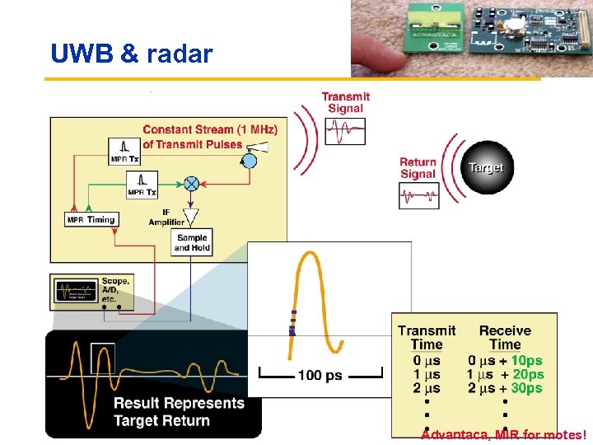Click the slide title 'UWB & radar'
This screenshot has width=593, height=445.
coord(132,54)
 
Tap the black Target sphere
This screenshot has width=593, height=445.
coord(485,167)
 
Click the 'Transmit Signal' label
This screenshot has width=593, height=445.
coord(345,102)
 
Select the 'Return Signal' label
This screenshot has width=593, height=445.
coord(418,168)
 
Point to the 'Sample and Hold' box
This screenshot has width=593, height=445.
coord(192,242)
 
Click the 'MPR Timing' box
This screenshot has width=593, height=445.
coord(91,219)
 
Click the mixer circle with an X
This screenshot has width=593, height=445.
coord(191,183)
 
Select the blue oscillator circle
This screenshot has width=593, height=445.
coord(248,161)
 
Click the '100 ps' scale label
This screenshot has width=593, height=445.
coord(320,376)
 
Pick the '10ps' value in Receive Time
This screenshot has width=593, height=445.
coord(527,360)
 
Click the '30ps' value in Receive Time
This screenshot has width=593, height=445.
coord(527,388)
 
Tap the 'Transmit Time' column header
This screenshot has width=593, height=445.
coord(426,337)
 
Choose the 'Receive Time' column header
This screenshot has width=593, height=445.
coord(505,337)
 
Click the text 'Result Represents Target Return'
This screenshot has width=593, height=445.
coord(179,411)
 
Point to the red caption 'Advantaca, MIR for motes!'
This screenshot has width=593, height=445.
coord(504,435)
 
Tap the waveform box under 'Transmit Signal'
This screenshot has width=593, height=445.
coord(344,131)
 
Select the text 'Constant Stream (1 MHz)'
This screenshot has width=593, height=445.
coord(210,129)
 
